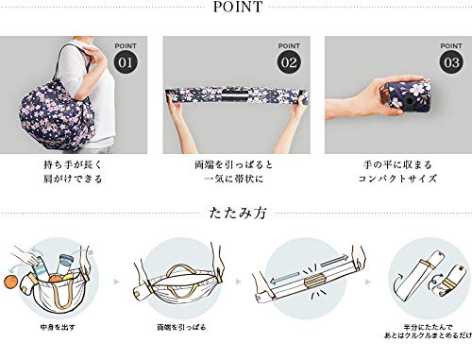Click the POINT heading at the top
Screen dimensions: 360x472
[235, 9]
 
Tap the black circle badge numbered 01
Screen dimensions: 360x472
[125, 60]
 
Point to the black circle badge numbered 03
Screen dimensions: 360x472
[449, 60]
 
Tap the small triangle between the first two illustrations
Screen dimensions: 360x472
[117, 283]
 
